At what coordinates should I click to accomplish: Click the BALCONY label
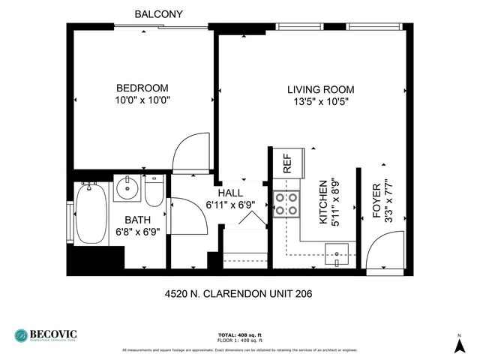(157, 13)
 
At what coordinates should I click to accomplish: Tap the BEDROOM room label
(142, 88)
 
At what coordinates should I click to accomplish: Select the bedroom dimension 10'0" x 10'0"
(142, 100)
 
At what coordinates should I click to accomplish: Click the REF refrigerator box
(286, 162)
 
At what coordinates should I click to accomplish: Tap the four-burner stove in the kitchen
(286, 204)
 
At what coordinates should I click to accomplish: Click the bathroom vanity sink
(127, 188)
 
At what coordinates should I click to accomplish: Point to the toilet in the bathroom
(154, 191)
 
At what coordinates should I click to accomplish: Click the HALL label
(229, 192)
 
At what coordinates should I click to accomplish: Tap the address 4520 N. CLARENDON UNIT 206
(238, 293)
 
